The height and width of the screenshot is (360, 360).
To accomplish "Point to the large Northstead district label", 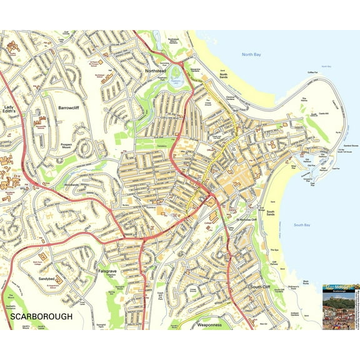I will click(x=156, y=71).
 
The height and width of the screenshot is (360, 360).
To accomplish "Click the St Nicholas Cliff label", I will click(x=246, y=220).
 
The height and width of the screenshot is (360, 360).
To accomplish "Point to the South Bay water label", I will click(x=302, y=224).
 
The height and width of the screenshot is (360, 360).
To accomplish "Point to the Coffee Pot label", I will click(x=312, y=72).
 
